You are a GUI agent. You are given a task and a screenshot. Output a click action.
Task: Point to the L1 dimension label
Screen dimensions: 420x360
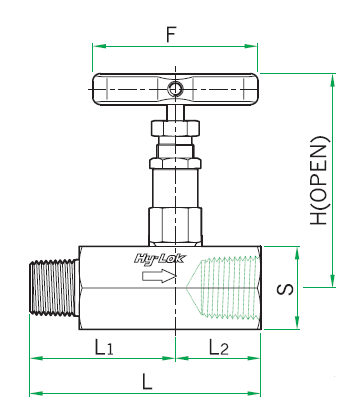pyautogui.click(x=102, y=348)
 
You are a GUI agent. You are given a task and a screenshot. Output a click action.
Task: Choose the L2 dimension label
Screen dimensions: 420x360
pyautogui.click(x=218, y=348)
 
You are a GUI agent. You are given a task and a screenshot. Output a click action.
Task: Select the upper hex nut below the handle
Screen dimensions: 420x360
pyautogui.click(x=175, y=129)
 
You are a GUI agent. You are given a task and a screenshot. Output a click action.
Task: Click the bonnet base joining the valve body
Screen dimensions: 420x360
pyautogui.click(x=175, y=226)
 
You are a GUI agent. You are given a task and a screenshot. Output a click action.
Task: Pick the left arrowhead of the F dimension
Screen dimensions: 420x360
pyautogui.click(x=96, y=45)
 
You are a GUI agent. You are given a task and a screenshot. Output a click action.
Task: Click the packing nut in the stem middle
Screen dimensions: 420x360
pyautogui.click(x=175, y=162)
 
